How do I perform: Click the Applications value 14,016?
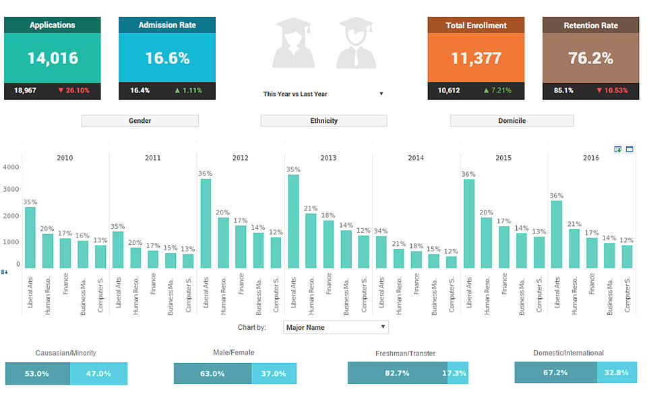coord(53,58)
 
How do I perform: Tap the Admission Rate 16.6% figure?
coord(167,58)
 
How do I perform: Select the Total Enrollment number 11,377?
coord(476,58)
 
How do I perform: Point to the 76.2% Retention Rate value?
coord(590,58)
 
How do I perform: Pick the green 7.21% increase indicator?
coord(497,90)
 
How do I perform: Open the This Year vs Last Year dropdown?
coord(323,94)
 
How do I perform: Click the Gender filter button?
coord(140,121)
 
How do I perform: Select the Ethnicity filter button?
coord(323,121)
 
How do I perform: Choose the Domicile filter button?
coord(512,121)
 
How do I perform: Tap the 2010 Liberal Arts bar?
coord(30,237)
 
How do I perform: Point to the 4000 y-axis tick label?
coord(11,167)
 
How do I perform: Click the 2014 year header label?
coord(416,158)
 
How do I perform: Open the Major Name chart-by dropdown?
coord(336,327)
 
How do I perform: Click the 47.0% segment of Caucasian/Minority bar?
coord(98,373)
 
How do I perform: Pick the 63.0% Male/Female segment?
coord(212,373)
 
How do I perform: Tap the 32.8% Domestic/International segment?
coord(616,372)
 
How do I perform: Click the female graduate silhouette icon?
coord(293,44)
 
